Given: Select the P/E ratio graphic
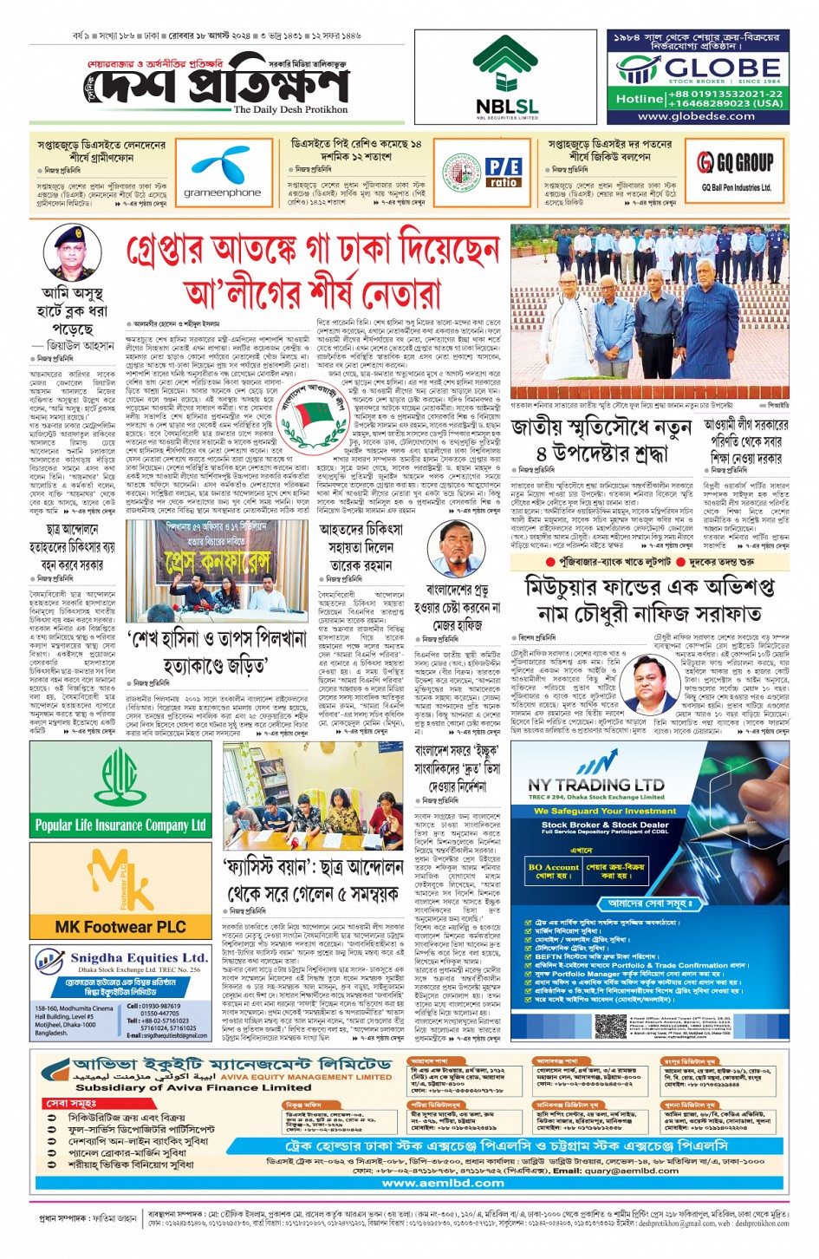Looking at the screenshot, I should click(x=503, y=172).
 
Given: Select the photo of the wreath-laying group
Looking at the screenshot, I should click(x=649, y=310).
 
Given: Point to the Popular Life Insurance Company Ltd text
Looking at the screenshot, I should click(x=120, y=825).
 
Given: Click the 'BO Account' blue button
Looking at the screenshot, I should click(x=553, y=871).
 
